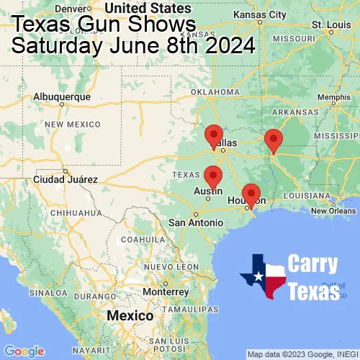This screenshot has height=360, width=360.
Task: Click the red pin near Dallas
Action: coord(214,135)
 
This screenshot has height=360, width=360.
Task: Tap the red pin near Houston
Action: coord(251,194)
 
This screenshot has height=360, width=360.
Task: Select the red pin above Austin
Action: coord(212,176)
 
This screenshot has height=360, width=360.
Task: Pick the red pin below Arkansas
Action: coord(273,140)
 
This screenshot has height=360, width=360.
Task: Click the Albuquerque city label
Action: coord(63,96)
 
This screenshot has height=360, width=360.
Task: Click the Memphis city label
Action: coord(333,97)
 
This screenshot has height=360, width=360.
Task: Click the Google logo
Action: coord(23,351)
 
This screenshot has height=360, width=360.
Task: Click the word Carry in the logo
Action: coord(311,264)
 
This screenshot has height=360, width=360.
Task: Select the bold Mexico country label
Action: coord(130,316)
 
